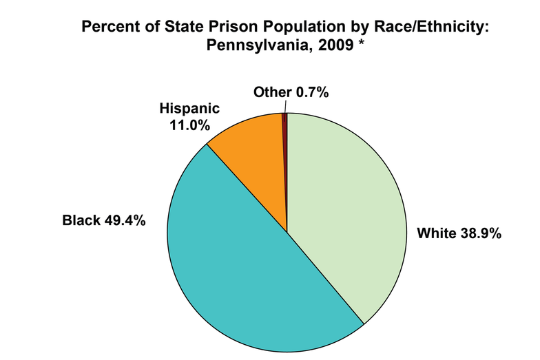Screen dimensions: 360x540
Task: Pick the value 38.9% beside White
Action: click(x=478, y=233)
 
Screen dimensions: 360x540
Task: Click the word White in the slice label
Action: click(x=435, y=233)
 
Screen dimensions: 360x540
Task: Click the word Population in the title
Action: click(x=270, y=28)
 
